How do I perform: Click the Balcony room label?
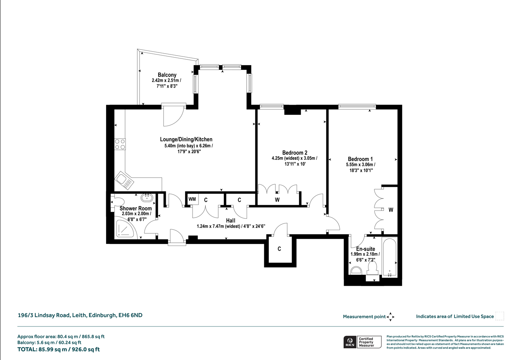click(x=167, y=75)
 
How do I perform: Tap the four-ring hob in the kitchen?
click(x=120, y=144)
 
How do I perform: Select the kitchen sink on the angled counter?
click(x=124, y=180)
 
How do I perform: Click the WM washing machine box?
click(x=192, y=199)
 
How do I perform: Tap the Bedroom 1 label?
click(x=360, y=159)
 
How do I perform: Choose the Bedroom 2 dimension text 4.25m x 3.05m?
click(x=294, y=158)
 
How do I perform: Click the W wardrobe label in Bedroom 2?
click(x=277, y=200)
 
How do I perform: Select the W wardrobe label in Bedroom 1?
click(x=391, y=210)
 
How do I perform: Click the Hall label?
click(x=230, y=221)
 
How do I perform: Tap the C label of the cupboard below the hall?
click(x=279, y=249)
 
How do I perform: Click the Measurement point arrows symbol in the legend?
click(x=390, y=317)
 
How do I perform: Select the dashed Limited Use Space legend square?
click(x=500, y=316)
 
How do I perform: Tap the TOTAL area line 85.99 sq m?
click(x=58, y=349)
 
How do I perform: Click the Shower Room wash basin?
click(x=147, y=198)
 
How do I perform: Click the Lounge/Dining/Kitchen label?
click(x=186, y=139)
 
